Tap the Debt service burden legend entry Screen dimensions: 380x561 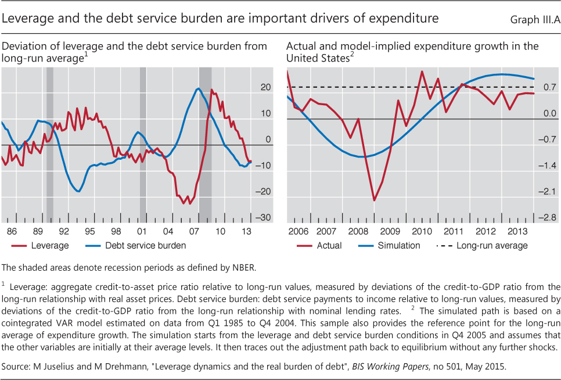pos(145,246)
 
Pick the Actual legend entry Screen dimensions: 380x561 pos(329,246)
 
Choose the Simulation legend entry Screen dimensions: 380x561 pos(398,246)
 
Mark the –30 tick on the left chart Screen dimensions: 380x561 pos(264,218)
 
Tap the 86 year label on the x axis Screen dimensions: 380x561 pos(12,231)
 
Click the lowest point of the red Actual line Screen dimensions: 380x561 pos(374,200)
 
